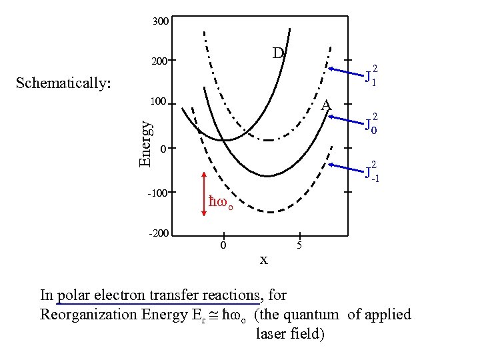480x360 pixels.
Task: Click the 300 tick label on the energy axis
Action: [160, 22]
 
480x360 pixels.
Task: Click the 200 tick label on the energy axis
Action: [159, 61]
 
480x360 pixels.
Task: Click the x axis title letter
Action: [263, 259]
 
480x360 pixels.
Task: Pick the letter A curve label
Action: [325, 105]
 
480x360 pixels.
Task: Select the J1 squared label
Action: [371, 77]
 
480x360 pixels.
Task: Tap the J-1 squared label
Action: [371, 172]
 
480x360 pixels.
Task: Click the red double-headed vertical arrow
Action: [204, 194]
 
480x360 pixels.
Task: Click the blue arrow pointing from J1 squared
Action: [345, 73]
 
